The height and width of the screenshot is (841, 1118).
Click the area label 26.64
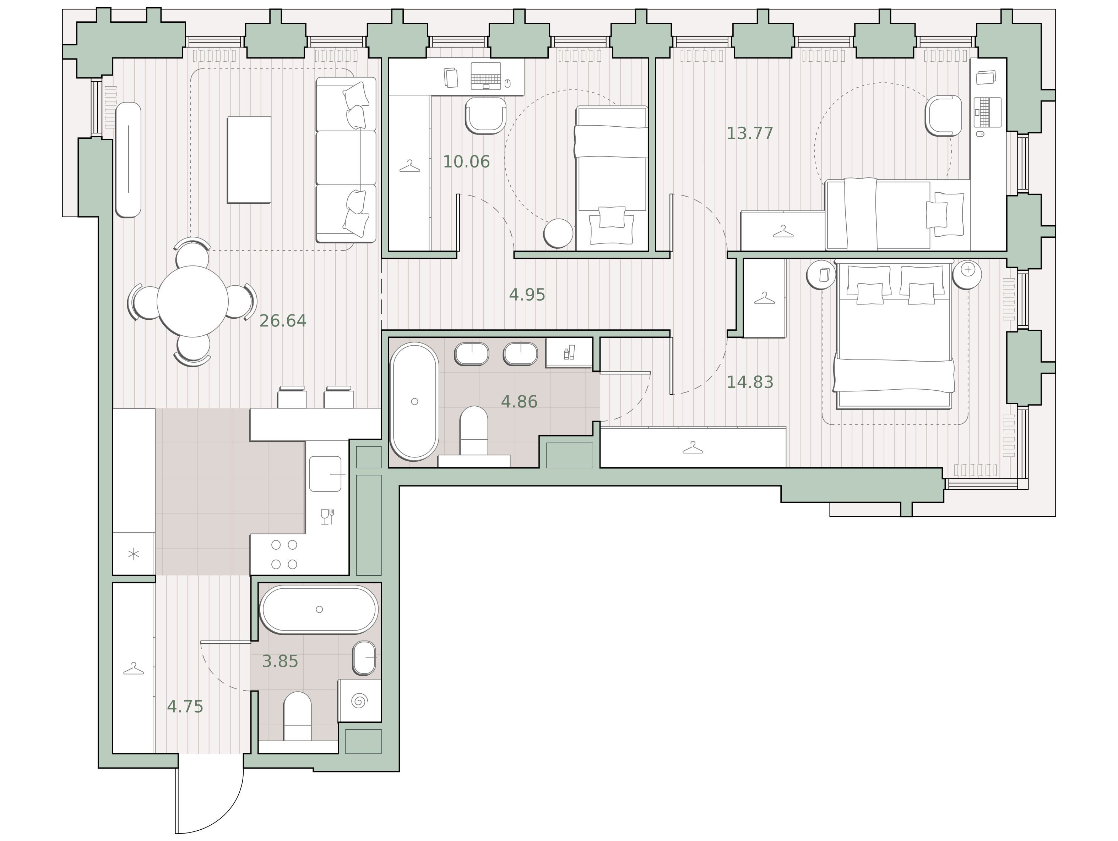coord(283,321)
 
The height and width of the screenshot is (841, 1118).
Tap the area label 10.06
coord(466,161)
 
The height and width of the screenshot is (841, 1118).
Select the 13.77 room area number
coord(750,133)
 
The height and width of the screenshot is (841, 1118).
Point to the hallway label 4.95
coord(527,295)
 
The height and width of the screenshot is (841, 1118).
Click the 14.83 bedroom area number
coord(750,383)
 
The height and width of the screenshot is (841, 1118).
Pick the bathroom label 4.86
coord(519,402)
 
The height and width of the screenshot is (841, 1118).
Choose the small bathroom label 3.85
coord(280,661)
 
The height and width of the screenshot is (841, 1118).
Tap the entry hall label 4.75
coord(185,707)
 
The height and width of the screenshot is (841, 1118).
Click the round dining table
coord(192,301)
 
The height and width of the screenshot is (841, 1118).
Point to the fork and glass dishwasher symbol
coord(327,517)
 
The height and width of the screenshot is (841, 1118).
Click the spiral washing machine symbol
coord(359,700)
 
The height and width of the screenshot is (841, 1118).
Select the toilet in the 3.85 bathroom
coord(297,716)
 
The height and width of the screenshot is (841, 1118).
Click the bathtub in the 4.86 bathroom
coord(414,402)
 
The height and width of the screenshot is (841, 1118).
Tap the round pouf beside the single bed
coord(559,233)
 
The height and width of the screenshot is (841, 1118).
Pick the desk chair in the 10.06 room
coord(485,115)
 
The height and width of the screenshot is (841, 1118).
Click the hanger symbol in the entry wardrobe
coord(134,669)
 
